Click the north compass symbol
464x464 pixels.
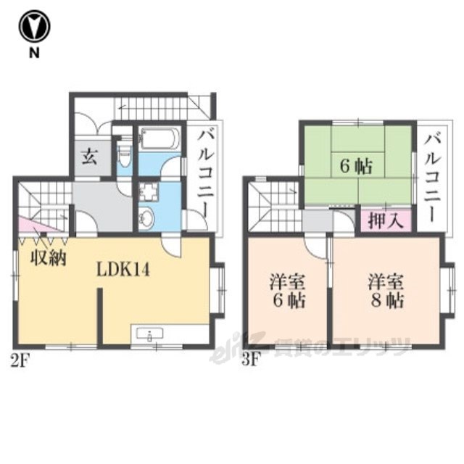coord(34,27)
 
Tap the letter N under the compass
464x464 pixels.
coord(34,53)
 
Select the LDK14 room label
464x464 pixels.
coord(123,270)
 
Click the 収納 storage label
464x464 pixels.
coord(49,259)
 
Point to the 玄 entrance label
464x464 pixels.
coord(89,157)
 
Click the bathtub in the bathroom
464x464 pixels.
coord(159,138)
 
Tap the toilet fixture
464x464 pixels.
coord(123,154)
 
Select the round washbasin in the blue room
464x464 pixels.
coord(146,218)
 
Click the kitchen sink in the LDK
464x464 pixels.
coord(150,334)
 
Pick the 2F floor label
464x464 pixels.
coord(20,361)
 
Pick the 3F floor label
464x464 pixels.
coord(251,361)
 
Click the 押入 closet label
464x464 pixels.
coord(386,220)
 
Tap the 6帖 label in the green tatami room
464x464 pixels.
coord(356,166)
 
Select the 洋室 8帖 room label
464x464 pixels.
coord(386,291)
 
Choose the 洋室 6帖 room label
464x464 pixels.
coord(287,291)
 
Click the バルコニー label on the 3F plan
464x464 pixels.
coord(432,177)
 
